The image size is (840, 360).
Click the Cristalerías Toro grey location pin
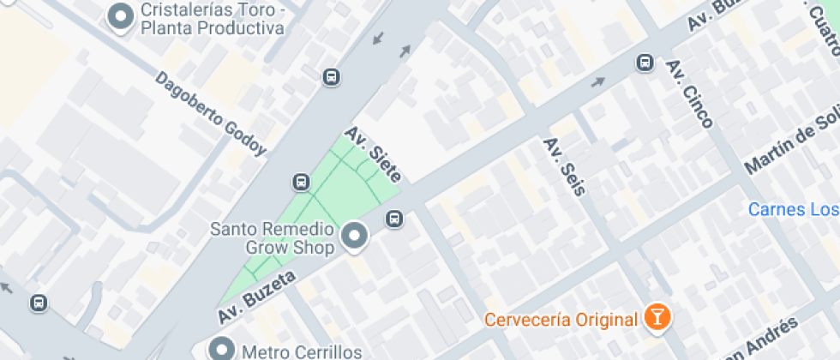point(121,16)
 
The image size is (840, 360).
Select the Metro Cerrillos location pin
point(222,349)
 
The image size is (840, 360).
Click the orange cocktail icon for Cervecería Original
point(657,319)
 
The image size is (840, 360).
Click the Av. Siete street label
point(373,154)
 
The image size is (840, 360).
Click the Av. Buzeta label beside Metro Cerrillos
point(257,297)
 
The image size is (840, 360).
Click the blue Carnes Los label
point(793,209)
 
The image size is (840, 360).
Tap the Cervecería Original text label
point(561,320)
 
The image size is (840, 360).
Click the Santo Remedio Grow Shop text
point(272,238)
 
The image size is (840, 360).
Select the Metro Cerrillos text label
point(289,351)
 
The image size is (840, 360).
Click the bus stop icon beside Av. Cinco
point(645,63)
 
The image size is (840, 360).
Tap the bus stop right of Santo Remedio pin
point(395,219)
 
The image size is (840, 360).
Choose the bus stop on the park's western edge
point(301,182)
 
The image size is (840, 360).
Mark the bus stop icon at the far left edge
point(38,303)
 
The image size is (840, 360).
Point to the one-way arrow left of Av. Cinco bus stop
point(597,82)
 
